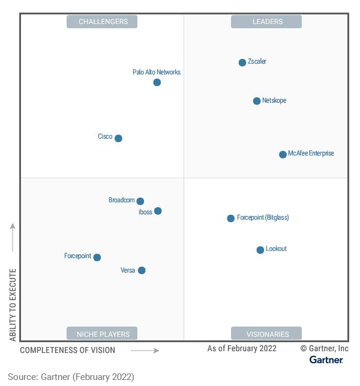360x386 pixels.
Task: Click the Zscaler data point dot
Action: (x=242, y=62)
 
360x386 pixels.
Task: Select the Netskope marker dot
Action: (x=257, y=101)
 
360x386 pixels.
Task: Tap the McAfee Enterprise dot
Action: (x=283, y=154)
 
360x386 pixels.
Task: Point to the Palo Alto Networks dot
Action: (x=157, y=82)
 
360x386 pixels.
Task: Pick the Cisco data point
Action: (x=118, y=138)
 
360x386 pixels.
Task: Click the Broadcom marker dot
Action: (x=140, y=201)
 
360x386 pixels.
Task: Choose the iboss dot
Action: (x=158, y=211)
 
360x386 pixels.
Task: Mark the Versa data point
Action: (x=142, y=270)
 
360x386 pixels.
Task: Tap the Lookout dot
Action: (x=260, y=250)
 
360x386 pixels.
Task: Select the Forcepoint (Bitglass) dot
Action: (x=230, y=218)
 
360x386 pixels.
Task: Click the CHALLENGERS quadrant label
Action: (x=102, y=22)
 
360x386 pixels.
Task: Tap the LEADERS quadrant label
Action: (x=267, y=22)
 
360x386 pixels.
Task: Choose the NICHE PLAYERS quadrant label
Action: (x=102, y=334)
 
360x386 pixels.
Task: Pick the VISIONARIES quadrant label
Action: (x=267, y=334)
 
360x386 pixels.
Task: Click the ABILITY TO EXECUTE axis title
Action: (x=13, y=304)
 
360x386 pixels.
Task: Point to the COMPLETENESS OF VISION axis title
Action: (x=68, y=350)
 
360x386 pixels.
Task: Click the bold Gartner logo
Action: (x=326, y=360)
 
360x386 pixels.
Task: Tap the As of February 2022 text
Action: (x=242, y=348)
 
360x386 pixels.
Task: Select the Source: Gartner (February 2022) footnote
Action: (x=71, y=376)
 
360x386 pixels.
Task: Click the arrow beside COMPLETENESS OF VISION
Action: (x=145, y=350)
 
